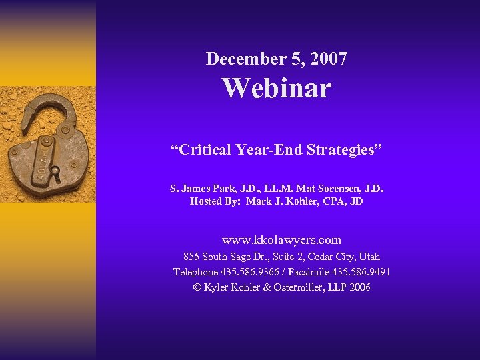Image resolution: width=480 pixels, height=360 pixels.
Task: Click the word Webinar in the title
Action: pos(277,88)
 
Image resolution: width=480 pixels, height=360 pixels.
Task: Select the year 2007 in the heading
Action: pos(328,59)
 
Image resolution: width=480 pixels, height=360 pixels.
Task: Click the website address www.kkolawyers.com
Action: pos(281,240)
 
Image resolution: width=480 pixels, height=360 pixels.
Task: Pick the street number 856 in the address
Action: pos(191,257)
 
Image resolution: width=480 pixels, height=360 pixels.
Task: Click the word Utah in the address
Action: pos(368,257)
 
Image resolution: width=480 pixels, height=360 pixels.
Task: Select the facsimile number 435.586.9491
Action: pos(363,272)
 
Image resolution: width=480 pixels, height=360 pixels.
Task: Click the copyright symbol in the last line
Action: pos(197,287)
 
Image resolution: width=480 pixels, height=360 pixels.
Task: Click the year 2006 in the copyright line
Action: pos(359,287)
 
